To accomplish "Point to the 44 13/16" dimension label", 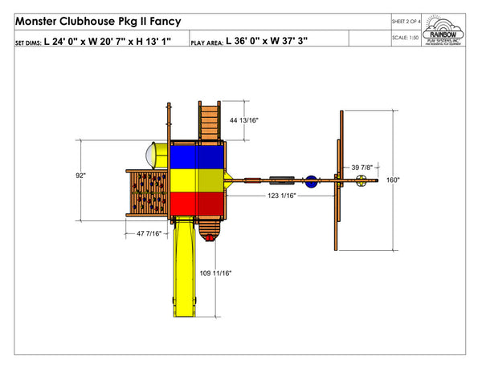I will pyautogui.click(x=244, y=119).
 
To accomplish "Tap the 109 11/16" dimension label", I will pyautogui.click(x=216, y=274).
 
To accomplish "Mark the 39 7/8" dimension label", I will pyautogui.click(x=361, y=167).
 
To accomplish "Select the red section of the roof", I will pyautogui.click(x=198, y=205).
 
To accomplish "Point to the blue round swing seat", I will pyautogui.click(x=312, y=180).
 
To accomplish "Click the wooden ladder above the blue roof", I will pyautogui.click(x=209, y=120).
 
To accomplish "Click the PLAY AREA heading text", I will pyautogui.click(x=206, y=39).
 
